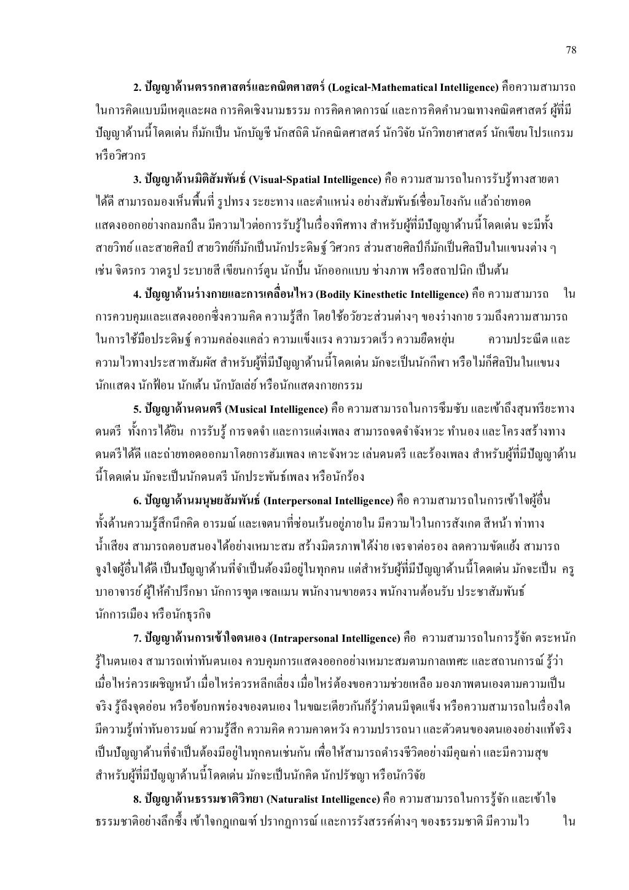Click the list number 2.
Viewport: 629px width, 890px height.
click(136, 85)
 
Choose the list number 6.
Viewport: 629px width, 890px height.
click(136, 501)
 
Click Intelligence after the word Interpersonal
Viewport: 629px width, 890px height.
click(356, 501)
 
